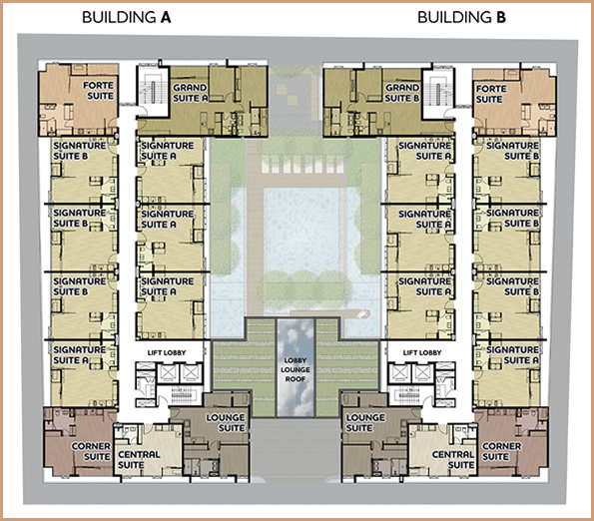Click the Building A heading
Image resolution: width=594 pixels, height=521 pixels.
[127, 17]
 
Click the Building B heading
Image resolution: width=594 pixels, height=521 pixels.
[462, 17]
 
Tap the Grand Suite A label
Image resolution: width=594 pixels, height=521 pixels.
[191, 93]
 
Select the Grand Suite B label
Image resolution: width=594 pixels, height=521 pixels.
[402, 93]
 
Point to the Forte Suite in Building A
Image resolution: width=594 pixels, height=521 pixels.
[78, 100]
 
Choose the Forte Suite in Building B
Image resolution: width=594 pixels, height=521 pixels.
[514, 102]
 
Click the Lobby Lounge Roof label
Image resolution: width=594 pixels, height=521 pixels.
[296, 369]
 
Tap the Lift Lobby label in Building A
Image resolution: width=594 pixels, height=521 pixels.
[167, 352]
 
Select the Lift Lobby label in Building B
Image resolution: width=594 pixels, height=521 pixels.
[422, 352]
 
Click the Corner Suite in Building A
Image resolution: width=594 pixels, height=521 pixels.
[80, 442]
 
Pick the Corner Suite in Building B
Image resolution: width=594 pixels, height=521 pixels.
[512, 442]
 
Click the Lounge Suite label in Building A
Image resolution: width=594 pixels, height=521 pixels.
[226, 422]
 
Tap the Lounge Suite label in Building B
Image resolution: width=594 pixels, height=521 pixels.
[365, 422]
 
